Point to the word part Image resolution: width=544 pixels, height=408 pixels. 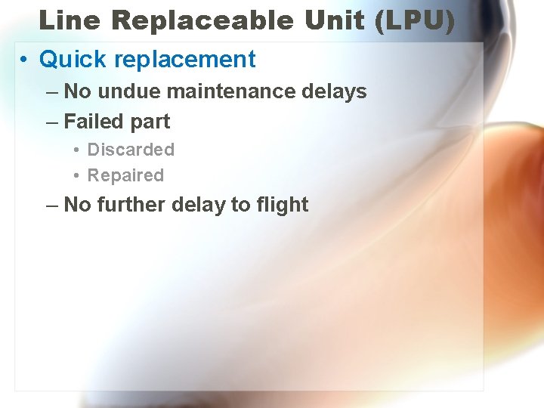tap(150, 122)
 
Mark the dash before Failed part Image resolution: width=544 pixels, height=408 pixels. tap(51, 122)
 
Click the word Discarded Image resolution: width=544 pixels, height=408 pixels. tap(131, 150)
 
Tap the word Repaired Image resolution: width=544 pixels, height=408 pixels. tap(125, 175)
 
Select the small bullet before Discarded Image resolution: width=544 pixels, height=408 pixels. tap(78, 150)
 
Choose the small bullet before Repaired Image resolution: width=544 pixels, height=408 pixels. tap(78, 176)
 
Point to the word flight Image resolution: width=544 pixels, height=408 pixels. tap(280, 205)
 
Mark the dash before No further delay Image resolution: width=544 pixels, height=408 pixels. tap(51, 205)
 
